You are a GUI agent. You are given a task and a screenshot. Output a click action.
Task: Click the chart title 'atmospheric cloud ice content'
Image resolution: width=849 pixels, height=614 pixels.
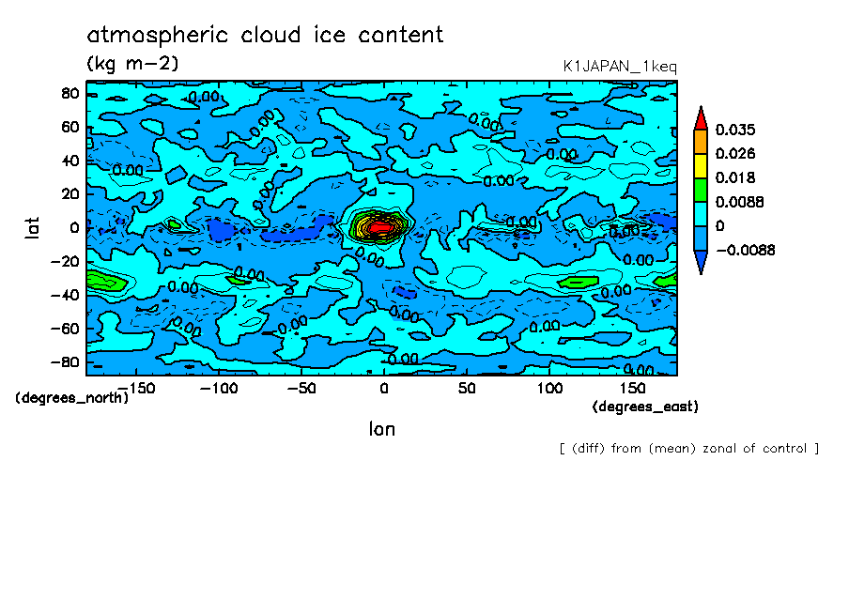[x=265, y=36]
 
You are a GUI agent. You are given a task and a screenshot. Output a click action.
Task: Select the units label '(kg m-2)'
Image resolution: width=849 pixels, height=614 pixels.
[x=131, y=64]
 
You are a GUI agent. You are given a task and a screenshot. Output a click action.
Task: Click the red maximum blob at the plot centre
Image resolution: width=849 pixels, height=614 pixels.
[x=381, y=226]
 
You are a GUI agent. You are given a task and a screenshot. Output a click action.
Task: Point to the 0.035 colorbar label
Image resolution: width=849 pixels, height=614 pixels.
[x=734, y=129]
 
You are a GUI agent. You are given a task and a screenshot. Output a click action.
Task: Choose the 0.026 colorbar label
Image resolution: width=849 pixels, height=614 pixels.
[x=734, y=153]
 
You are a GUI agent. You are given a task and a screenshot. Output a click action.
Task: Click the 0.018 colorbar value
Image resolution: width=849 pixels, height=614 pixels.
[x=734, y=177]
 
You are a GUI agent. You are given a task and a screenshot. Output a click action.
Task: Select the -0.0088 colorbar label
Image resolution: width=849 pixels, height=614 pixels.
[x=745, y=251]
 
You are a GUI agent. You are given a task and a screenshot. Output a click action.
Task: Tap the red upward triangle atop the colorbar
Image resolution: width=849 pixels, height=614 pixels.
[x=700, y=116]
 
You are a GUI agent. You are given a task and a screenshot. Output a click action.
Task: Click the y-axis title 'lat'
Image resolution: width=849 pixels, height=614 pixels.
[x=32, y=225]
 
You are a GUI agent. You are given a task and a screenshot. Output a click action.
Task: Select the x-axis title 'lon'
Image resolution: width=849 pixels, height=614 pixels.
[x=381, y=429]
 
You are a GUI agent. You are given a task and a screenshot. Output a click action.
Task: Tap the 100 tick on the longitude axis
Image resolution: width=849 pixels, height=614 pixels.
[x=549, y=388]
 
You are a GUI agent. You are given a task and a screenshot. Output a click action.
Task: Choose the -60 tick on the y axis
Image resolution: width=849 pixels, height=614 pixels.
[x=67, y=329]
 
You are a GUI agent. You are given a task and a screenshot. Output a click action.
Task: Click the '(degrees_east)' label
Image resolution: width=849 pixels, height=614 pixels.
[x=645, y=407]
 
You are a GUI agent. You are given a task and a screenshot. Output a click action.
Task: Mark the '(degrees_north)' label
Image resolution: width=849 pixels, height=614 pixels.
[x=72, y=397]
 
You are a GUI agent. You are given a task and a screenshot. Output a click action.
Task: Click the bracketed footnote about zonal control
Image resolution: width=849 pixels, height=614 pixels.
[x=688, y=448]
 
